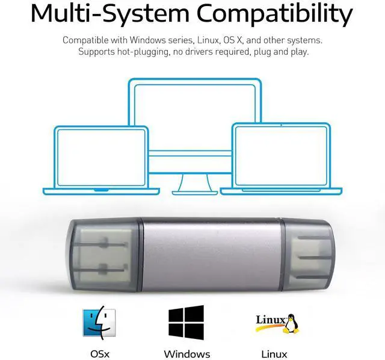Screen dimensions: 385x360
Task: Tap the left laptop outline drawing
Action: pyautogui.click(x=101, y=160)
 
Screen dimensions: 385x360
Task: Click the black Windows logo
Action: pyautogui.click(x=186, y=322)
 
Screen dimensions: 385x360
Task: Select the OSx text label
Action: pyautogui.click(x=100, y=354)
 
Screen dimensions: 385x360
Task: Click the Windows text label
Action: pyautogui.click(x=187, y=354)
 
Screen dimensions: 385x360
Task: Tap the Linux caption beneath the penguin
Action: pyautogui.click(x=274, y=354)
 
